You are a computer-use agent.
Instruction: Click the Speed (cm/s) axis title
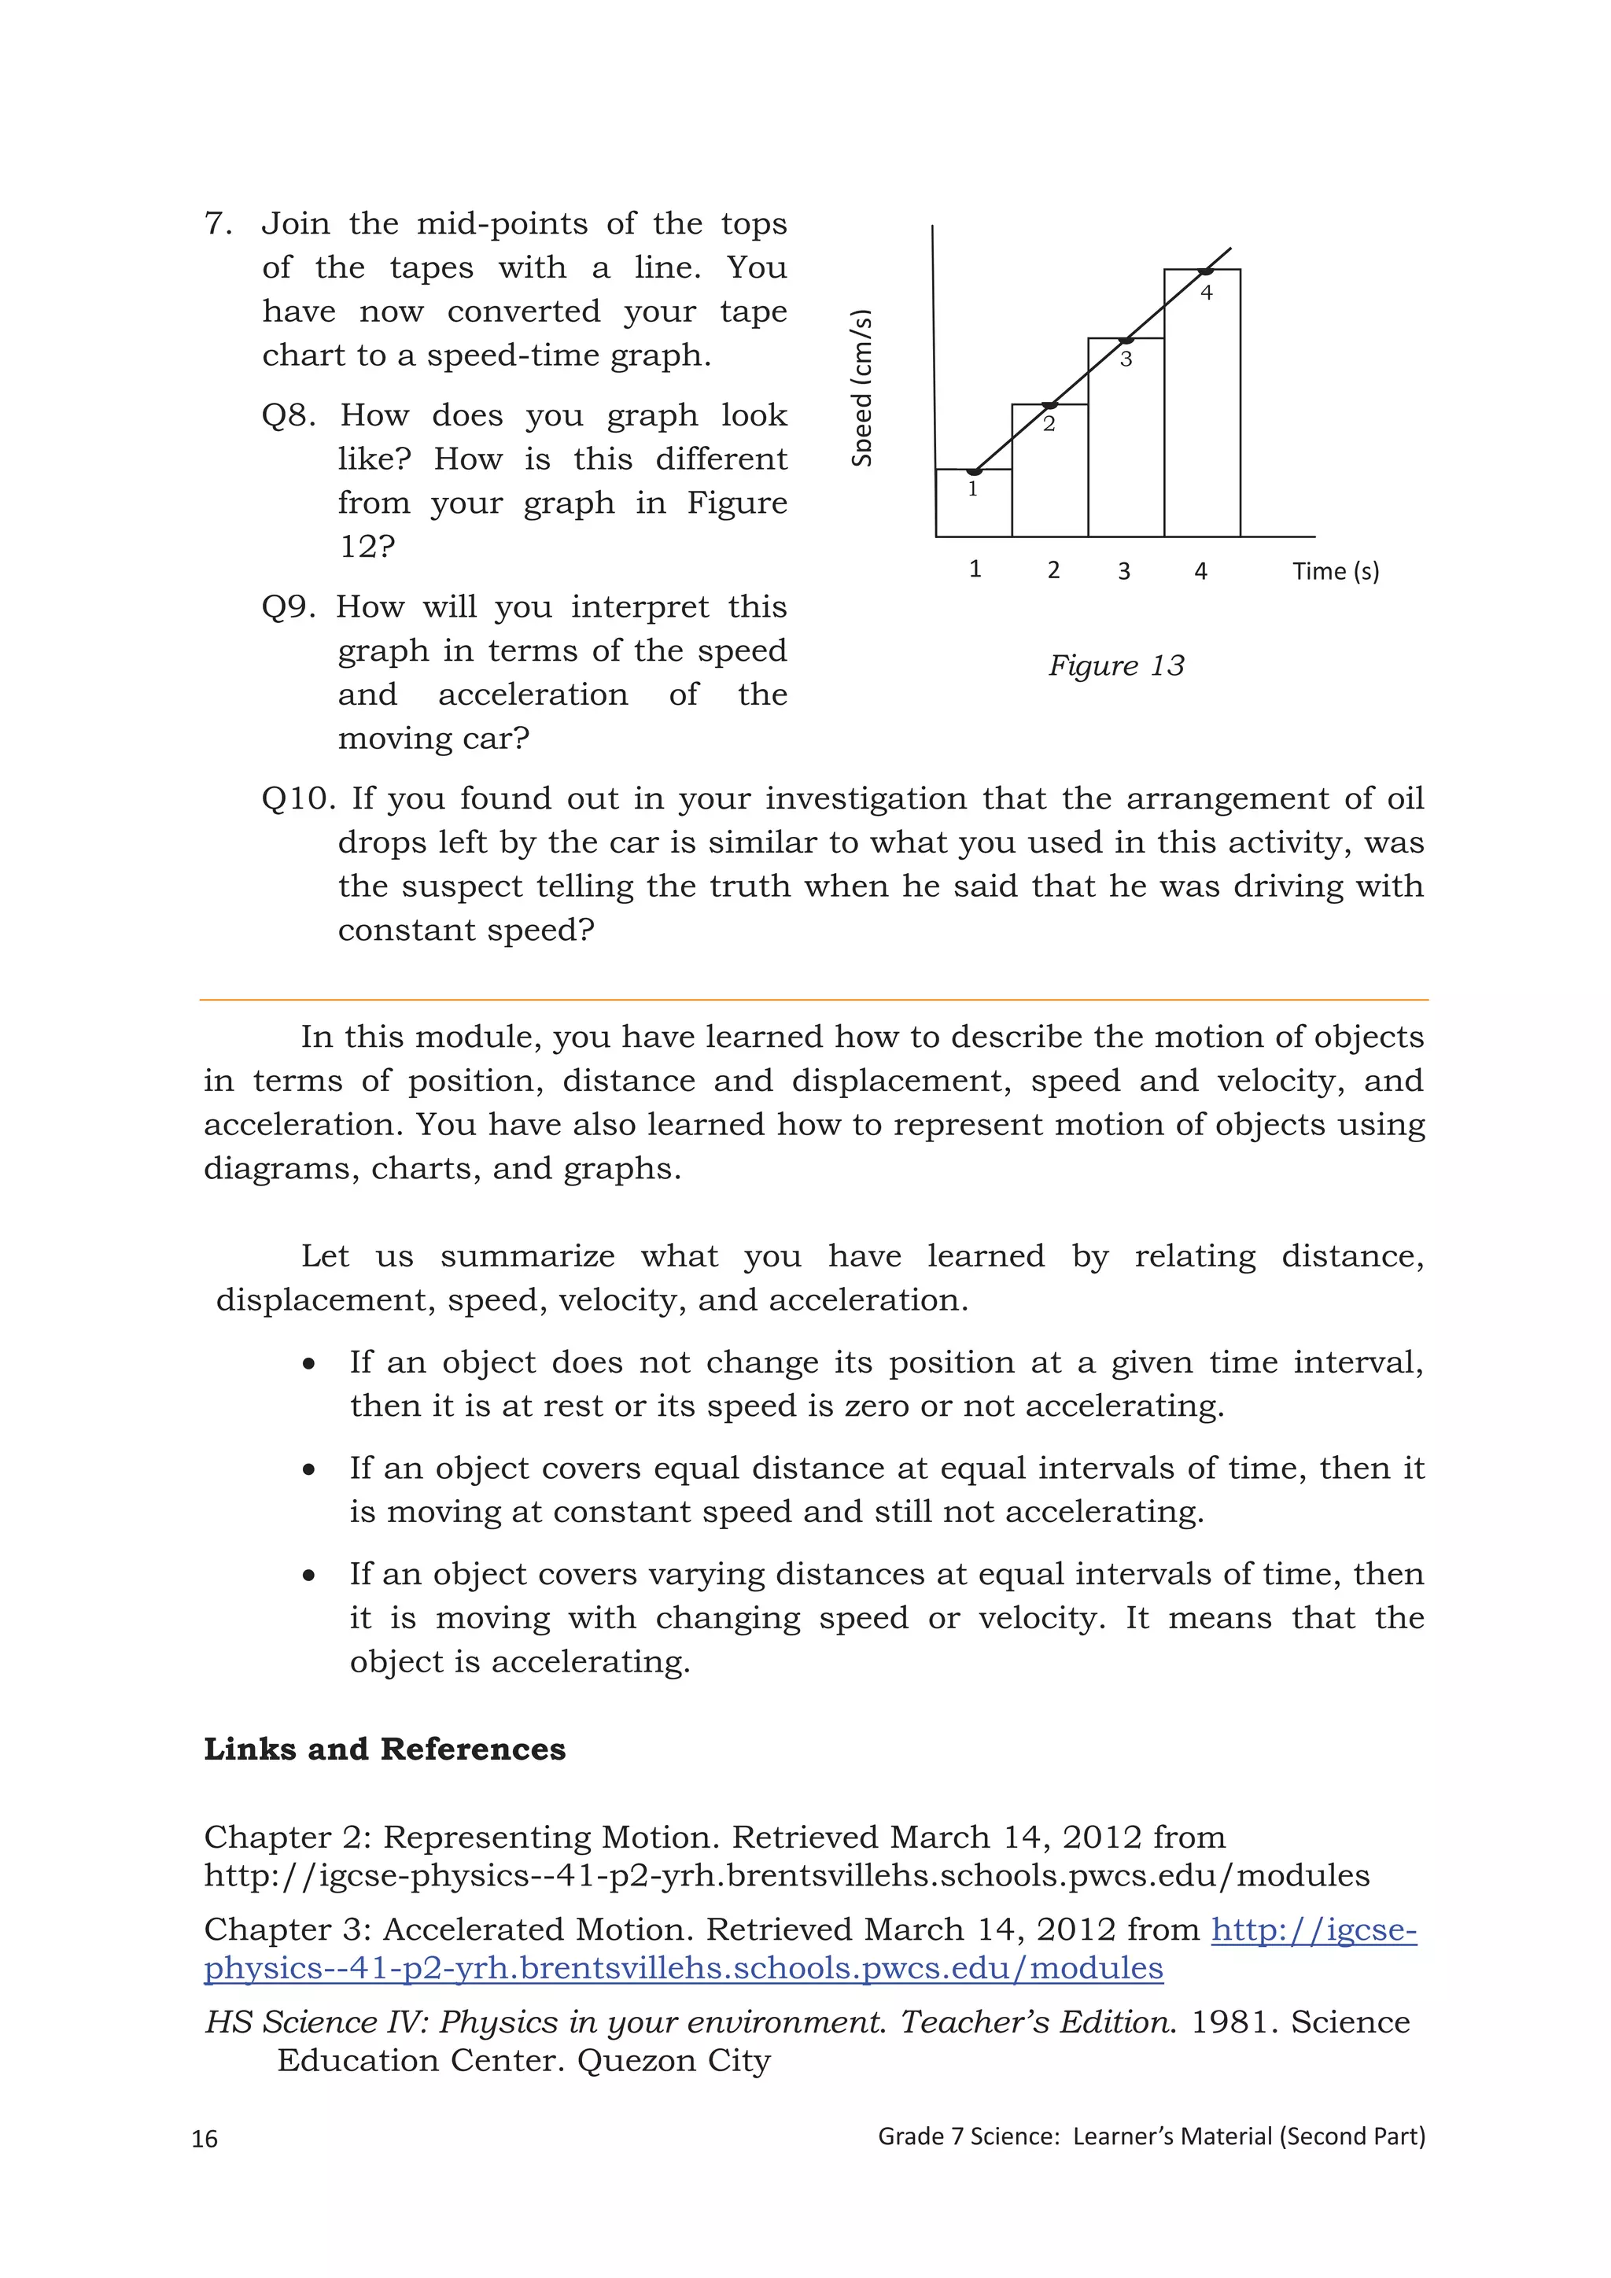[x=862, y=388]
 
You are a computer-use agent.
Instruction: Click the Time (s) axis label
[x=1335, y=572]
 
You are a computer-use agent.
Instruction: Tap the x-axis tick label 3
[x=1124, y=572]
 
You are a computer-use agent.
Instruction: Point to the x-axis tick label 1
[x=975, y=569]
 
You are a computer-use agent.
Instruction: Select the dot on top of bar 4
[x=1205, y=271]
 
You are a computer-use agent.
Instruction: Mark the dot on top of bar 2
[x=1050, y=405]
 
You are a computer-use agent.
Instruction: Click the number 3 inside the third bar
[x=1126, y=360]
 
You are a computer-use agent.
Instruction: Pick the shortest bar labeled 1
[x=974, y=504]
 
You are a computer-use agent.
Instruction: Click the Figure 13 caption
[x=1117, y=665]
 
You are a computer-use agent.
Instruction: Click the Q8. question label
[x=289, y=415]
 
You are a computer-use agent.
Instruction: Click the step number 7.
[x=217, y=224]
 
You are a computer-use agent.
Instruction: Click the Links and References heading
[x=385, y=1749]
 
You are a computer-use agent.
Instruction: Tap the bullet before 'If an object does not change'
[x=309, y=1364]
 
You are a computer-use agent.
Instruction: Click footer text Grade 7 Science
[x=968, y=2137]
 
